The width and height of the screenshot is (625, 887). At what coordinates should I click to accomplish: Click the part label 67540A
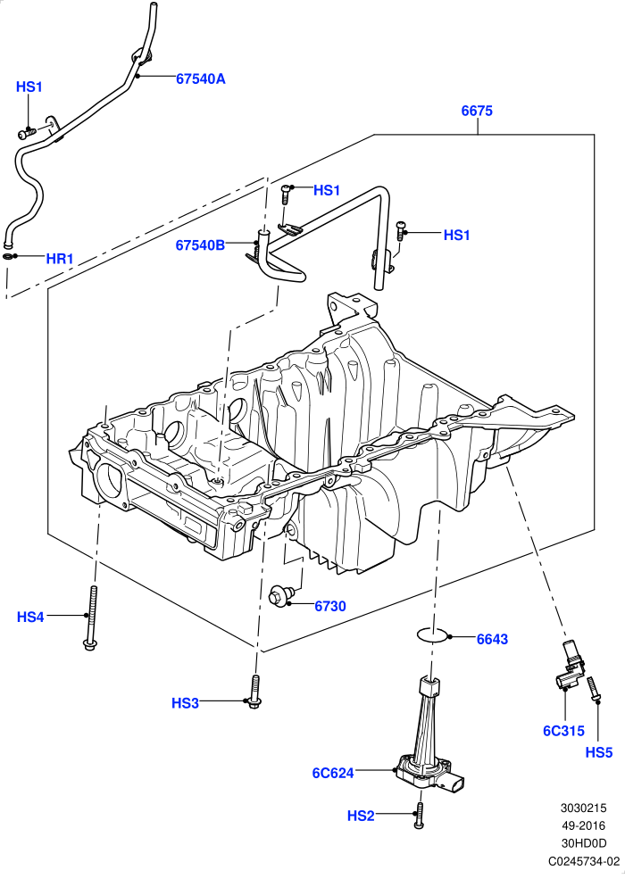tap(200, 79)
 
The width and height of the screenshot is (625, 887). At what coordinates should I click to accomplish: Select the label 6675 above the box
tap(477, 111)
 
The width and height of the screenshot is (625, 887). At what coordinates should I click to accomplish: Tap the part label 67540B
tap(200, 245)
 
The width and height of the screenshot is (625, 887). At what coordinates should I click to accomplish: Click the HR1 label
tap(60, 259)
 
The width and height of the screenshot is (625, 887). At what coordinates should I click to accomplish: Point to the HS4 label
tap(30, 617)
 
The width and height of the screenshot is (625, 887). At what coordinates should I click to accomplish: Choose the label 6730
tap(330, 606)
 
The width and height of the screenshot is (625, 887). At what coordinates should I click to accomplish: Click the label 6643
tap(492, 639)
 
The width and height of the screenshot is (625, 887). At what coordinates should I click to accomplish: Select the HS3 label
tap(185, 703)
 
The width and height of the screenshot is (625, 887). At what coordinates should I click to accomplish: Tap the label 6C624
tap(333, 773)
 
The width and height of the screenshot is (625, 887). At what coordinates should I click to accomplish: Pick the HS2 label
tap(361, 816)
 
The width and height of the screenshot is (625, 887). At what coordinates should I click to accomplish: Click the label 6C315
tap(564, 731)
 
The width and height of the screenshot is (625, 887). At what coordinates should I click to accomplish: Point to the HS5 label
tap(599, 752)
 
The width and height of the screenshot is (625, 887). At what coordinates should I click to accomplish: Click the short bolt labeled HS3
tap(254, 690)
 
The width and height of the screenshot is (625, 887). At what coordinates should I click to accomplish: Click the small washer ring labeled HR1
tap(10, 257)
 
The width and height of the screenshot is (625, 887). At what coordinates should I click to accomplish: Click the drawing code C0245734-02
tap(584, 861)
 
